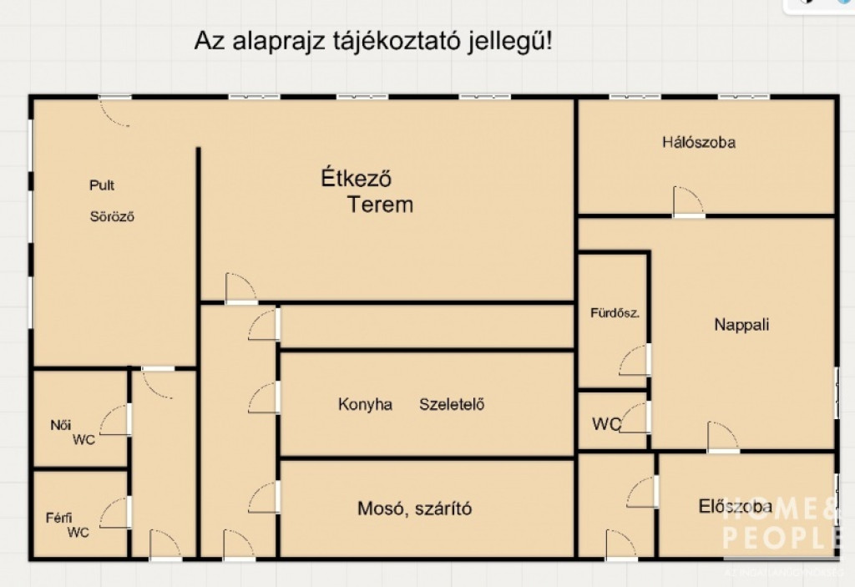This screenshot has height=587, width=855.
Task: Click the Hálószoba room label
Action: [699, 143]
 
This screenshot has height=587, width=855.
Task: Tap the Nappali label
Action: [741, 325]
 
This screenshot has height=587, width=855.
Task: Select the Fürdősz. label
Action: [615, 313]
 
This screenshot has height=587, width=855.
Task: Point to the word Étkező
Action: [356, 178]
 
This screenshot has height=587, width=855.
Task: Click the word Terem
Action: [380, 205]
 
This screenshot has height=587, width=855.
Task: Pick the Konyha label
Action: [365, 404]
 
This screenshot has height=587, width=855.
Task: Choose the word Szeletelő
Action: [452, 404]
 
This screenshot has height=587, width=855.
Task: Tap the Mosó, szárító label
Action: [414, 509]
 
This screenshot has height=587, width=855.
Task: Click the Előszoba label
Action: [735, 506]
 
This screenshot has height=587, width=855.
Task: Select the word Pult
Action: [102, 185]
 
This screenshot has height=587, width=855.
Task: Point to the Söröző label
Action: [112, 216]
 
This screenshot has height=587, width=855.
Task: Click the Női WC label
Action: [73, 432]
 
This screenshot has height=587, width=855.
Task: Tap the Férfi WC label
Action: [68, 525]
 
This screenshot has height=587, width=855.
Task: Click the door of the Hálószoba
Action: [689, 202]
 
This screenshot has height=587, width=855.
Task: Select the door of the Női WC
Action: [115, 420]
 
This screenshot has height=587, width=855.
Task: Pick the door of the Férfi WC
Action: [115, 513]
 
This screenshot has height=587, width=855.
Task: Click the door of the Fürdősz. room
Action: [635, 360]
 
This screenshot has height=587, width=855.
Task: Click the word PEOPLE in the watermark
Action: [781, 538]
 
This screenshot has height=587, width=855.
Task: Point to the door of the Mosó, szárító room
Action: [264, 497]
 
